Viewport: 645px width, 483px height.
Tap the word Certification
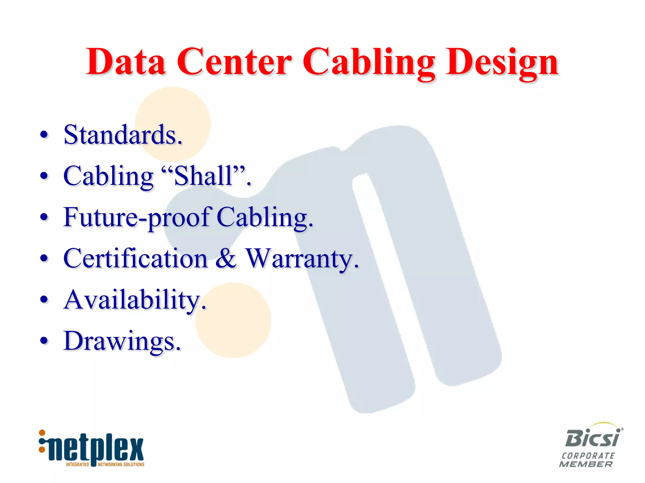135,258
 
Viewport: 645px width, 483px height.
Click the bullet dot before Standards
44,135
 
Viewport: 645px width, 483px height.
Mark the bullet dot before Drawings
44,341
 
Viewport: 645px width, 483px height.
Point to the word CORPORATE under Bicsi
588,456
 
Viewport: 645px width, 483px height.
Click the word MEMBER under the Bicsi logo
586,464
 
